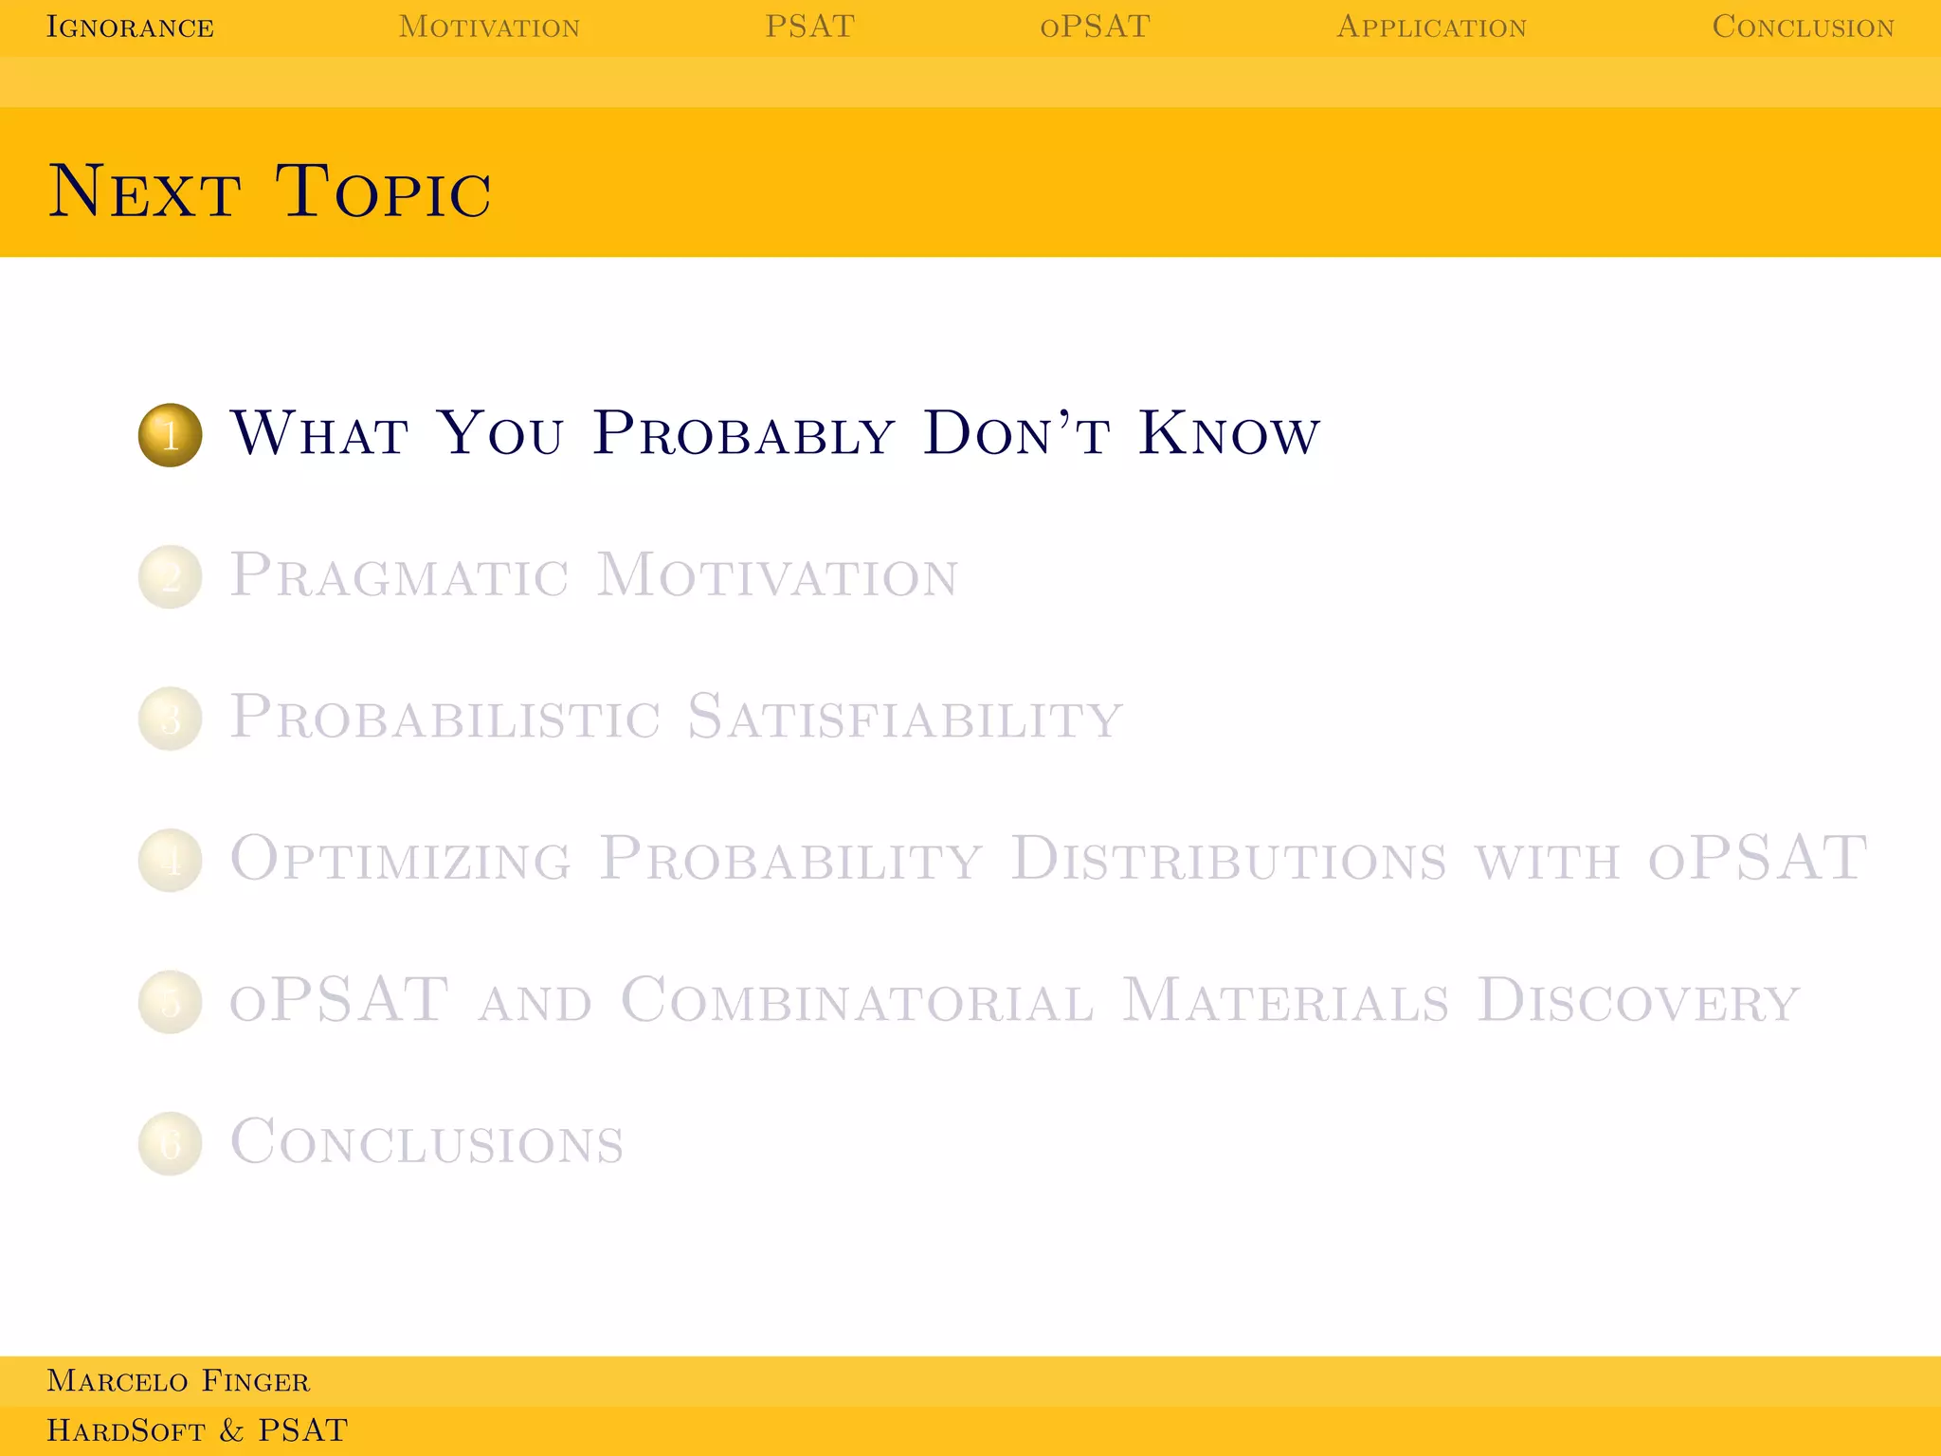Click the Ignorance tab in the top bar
tap(130, 27)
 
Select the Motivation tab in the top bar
tap(489, 27)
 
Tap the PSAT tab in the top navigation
tap(809, 27)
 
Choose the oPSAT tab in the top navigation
tap(1095, 27)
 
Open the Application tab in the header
tap(1431, 27)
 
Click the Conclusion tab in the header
tap(1803, 27)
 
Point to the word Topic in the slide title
tap(383, 191)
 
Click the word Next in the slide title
tap(144, 191)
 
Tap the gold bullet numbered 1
tap(171, 435)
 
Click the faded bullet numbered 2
tap(171, 576)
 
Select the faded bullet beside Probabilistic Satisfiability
tap(171, 719)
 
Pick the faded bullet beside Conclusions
tap(171, 1143)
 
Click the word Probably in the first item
tap(744, 435)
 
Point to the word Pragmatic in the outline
tap(399, 575)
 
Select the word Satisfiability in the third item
tap(904, 718)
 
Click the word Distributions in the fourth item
tap(1227, 859)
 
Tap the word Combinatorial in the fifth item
tap(857, 1001)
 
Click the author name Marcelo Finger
tap(178, 1381)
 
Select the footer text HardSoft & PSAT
tap(197, 1430)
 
